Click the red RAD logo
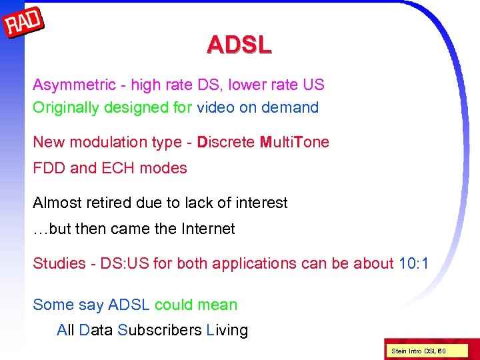coord(24,25)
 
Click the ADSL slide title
coord(239,45)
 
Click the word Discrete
coord(226,142)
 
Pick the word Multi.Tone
coord(294,142)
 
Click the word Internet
coord(208,229)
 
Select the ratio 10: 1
coord(413,263)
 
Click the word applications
coord(236,263)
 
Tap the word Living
coord(227,330)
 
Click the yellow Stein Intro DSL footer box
coord(417,351)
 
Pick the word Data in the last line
coord(96,330)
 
